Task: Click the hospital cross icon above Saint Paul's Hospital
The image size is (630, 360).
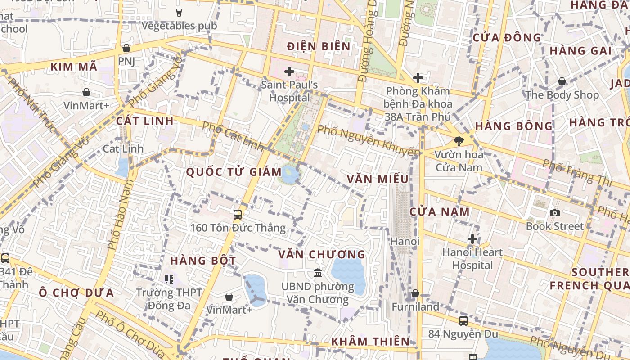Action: [289, 72]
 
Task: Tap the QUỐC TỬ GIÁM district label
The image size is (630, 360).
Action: [234, 171]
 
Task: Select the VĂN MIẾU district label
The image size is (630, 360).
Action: [378, 179]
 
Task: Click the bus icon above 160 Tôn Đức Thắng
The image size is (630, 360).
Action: [238, 215]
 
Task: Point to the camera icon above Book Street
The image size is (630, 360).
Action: [555, 213]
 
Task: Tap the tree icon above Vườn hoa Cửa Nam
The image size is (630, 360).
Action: [459, 141]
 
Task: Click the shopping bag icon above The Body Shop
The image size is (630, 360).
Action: [562, 81]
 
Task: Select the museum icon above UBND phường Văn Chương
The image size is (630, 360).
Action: [318, 273]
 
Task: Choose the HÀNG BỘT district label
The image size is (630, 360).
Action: [203, 261]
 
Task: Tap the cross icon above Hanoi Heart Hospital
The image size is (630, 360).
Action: [472, 239]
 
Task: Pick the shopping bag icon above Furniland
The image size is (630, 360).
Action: [415, 294]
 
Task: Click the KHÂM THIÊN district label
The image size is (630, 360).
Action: [370, 342]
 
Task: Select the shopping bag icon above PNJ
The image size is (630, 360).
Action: [126, 48]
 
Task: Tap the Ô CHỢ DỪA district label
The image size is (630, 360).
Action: [76, 293]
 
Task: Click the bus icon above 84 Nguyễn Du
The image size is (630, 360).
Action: [463, 321]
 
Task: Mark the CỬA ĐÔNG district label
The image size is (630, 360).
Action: [507, 38]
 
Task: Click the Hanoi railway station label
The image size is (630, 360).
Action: [405, 241]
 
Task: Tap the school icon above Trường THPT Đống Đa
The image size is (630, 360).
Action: [169, 279]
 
